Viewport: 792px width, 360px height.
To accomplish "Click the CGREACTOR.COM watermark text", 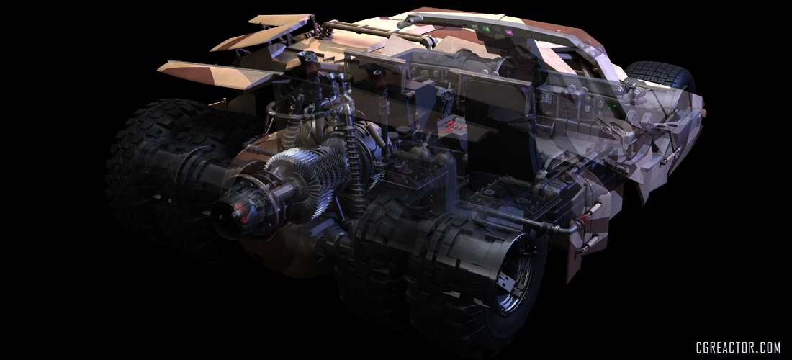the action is (x=738, y=347).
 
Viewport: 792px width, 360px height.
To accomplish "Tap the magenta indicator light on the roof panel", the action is (x=508, y=32).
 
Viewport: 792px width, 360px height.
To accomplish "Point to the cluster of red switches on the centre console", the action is (x=453, y=125).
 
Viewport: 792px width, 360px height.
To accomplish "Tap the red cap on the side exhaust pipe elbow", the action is (x=586, y=219).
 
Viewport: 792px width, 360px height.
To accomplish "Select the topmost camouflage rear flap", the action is (x=280, y=19).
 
